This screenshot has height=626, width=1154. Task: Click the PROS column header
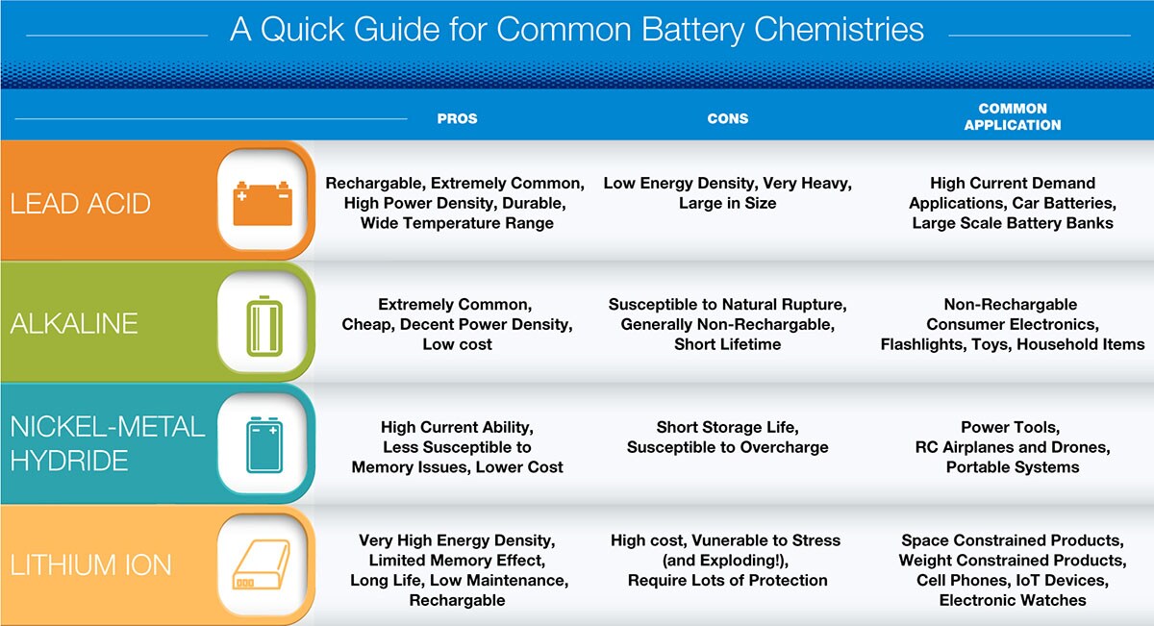point(457,118)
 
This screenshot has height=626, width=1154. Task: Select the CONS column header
point(727,118)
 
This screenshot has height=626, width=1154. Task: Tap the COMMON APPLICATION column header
point(1013,116)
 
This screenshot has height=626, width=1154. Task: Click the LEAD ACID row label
point(81,204)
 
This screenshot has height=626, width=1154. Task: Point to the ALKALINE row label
point(74,323)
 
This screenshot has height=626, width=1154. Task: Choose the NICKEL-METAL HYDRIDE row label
point(107,443)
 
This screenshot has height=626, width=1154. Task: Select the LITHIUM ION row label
point(90,564)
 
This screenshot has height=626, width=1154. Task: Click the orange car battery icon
point(263,204)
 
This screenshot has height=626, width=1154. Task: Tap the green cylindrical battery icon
point(264,326)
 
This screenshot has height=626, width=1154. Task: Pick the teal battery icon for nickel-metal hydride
point(264,445)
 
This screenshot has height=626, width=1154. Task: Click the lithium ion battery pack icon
point(262,564)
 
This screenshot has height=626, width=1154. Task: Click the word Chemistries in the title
point(840,30)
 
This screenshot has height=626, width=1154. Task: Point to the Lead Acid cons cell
point(727,193)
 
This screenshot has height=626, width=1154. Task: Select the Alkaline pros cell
point(457,324)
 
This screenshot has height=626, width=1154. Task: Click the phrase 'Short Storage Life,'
point(727,427)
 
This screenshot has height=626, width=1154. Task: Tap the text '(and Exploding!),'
point(725,560)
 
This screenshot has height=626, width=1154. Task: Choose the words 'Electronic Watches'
point(1013,600)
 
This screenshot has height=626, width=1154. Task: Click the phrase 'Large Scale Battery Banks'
point(1013,223)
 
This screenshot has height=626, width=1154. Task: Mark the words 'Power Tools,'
point(1011,427)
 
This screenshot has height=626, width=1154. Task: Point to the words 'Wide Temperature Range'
point(457,223)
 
